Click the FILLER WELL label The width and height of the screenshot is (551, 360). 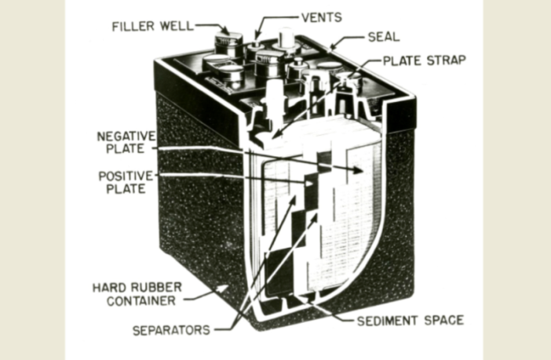coord(151,26)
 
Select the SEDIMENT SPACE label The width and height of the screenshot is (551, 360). coord(410,320)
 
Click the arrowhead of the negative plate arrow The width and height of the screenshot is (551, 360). coord(360,170)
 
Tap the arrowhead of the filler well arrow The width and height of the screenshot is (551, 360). coord(226,34)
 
